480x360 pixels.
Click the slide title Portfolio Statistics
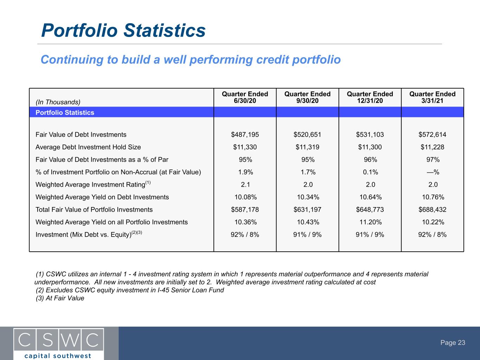coord(123,30)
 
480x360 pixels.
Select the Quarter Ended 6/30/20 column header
coord(245,97)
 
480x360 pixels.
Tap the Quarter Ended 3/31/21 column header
coord(432,97)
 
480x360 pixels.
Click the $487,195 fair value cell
coord(245,134)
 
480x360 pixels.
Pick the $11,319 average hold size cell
coord(307,147)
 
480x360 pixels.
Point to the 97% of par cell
coord(433,160)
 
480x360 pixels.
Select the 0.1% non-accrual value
coord(370,172)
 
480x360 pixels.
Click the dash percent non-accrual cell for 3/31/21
coord(433,172)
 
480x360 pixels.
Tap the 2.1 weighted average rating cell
coord(245,185)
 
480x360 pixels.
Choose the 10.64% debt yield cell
coord(370,197)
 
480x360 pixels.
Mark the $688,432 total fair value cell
coord(432,210)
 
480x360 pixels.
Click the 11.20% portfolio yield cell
coord(370,222)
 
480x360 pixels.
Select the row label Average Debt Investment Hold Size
coord(88,147)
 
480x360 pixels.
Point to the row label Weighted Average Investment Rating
coord(93,184)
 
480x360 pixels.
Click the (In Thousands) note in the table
coord(58,102)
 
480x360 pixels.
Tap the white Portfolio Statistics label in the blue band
coord(65,112)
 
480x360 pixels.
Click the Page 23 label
coord(453,342)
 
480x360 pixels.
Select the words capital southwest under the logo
coord(58,356)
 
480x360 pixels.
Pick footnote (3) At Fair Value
coord(60,298)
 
